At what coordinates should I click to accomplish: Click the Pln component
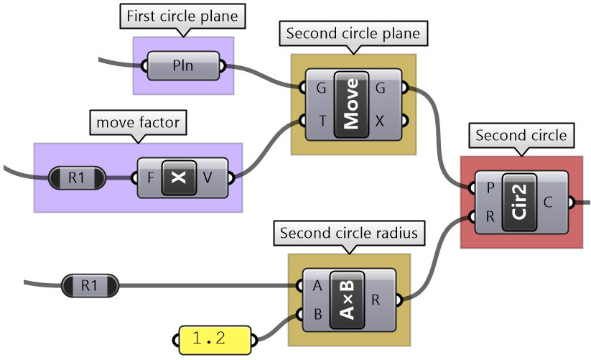pos(184,68)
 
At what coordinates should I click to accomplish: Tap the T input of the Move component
pos(321,121)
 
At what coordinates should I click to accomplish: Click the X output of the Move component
pos(380,121)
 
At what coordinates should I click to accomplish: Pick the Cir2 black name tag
pos(521,202)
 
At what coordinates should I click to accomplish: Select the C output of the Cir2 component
pos(548,203)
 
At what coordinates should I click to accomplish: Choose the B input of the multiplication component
pos(317,314)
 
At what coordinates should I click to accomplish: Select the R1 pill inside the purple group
pos(76,177)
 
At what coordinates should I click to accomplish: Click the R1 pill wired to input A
pos(89,286)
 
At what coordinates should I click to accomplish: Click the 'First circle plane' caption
pos(185,17)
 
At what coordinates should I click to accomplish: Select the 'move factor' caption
pos(137,123)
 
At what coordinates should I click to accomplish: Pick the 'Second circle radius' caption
pos(349,233)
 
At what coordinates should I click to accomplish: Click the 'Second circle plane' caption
pos(353,33)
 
